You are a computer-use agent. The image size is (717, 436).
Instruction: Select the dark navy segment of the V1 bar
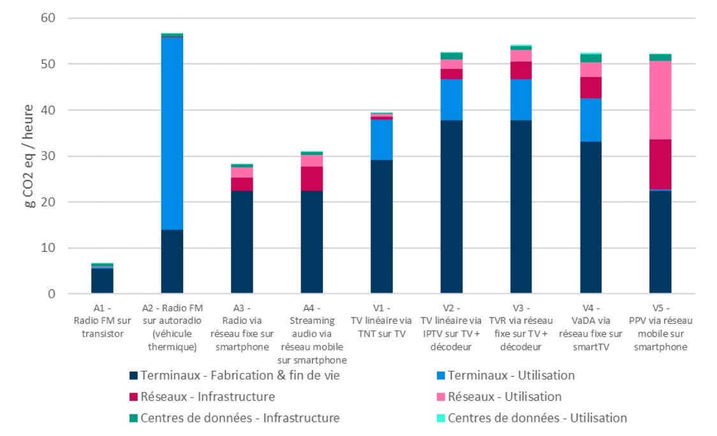382,226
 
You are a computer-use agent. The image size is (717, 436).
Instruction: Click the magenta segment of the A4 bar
312,178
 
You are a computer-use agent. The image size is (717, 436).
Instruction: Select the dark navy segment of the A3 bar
242,242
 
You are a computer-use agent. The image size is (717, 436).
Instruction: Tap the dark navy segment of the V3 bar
521,207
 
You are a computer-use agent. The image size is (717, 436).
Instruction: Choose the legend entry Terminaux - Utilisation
511,375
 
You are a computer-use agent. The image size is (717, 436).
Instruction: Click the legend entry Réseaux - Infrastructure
208,397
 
